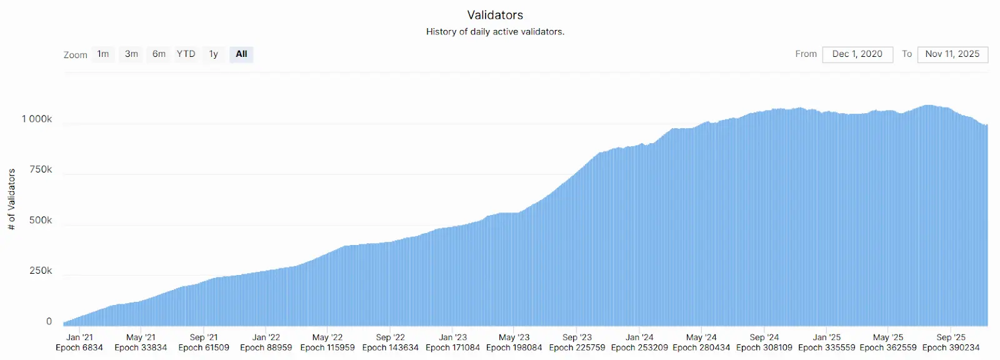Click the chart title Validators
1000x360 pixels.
tap(495, 15)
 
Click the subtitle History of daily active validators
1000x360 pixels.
tap(495, 31)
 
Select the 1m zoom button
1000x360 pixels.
tap(103, 54)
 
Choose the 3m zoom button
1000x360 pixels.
tap(131, 54)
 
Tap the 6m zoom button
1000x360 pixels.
tap(159, 54)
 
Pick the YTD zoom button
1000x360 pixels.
tap(186, 54)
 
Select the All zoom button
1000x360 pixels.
tap(241, 54)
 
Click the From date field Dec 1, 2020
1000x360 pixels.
tap(857, 54)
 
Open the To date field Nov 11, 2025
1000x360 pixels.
tap(952, 54)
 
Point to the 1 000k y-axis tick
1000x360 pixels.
tap(37, 119)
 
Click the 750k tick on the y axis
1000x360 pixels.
tap(41, 169)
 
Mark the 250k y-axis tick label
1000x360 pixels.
tap(41, 271)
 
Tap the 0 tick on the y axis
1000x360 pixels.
tap(49, 321)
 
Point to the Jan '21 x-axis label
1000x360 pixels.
tap(79, 337)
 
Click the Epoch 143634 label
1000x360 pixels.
tap(390, 347)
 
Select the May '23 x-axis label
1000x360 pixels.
tap(514, 337)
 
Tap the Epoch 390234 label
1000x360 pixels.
tap(951, 347)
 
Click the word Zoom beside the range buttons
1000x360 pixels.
tap(75, 55)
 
